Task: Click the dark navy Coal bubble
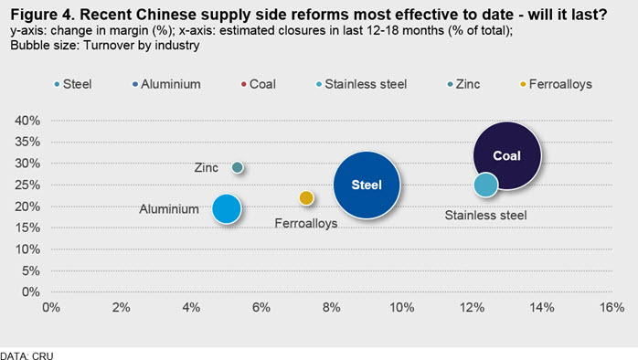[507, 155]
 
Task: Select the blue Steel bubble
[367, 185]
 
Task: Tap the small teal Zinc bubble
[238, 167]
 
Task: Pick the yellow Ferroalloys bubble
[306, 198]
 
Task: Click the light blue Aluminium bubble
[227, 208]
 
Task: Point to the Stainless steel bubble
[486, 185]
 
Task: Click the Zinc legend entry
[463, 84]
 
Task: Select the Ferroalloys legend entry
[557, 84]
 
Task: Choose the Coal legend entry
[259, 84]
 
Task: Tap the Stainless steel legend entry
[361, 84]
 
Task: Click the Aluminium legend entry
[166, 84]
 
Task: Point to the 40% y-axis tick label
[27, 121]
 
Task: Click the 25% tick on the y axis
[27, 185]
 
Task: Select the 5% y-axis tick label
[31, 270]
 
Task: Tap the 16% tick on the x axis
[612, 307]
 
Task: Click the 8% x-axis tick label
[332, 307]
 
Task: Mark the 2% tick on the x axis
[122, 307]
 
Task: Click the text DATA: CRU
[27, 355]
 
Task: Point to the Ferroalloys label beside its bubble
[306, 223]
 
